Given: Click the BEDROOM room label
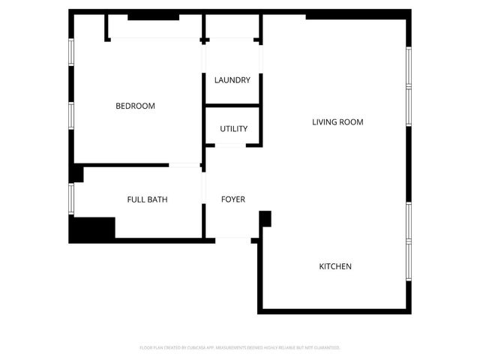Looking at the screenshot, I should [x=135, y=106].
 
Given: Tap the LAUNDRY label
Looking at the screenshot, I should [x=232, y=80].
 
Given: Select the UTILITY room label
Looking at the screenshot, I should [x=233, y=129].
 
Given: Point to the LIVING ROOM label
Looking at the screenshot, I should [x=337, y=121].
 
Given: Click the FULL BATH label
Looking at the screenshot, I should [x=147, y=199].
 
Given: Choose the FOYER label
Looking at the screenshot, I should [x=232, y=199].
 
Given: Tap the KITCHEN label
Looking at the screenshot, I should [x=335, y=266].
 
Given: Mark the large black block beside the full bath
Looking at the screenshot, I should [x=91, y=229].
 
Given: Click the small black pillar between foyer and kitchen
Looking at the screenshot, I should [x=265, y=218].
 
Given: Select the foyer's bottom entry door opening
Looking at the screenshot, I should [x=233, y=239].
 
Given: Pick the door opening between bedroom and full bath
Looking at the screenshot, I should [x=184, y=164].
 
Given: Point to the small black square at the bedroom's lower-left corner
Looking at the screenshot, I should [x=76, y=174].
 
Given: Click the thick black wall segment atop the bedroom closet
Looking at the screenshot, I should [x=153, y=16].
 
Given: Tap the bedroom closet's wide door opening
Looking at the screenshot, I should [x=156, y=38].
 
